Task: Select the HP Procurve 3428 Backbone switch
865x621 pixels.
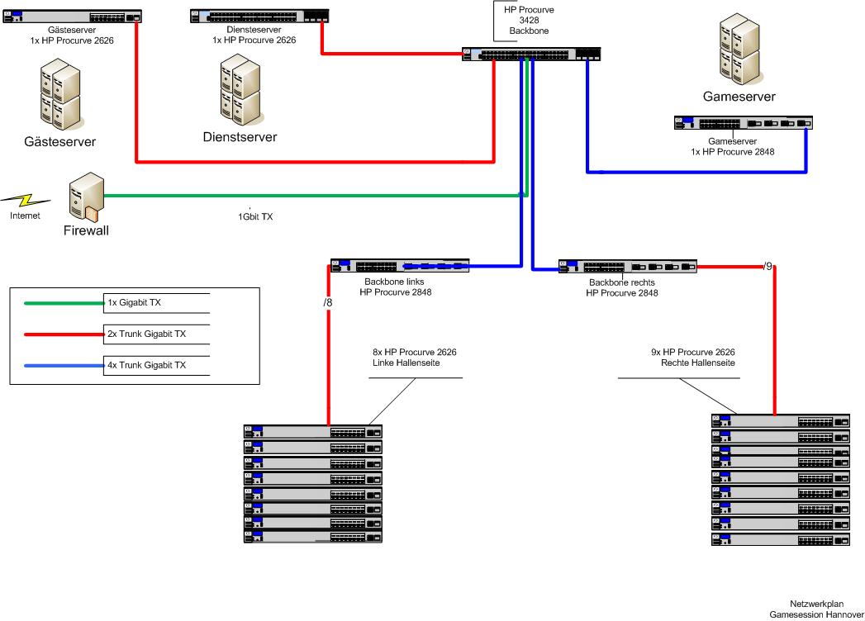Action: click(532, 54)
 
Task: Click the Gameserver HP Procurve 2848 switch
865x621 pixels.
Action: click(744, 123)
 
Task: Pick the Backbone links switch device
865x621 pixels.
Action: click(400, 266)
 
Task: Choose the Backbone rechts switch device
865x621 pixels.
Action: click(627, 267)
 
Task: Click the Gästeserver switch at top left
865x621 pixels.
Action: click(71, 17)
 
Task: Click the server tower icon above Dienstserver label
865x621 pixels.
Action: click(240, 89)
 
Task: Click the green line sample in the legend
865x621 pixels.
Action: click(64, 303)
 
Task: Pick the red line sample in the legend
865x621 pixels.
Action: click(64, 334)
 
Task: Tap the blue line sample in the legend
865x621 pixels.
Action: click(64, 365)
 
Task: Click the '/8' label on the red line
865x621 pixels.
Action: click(328, 303)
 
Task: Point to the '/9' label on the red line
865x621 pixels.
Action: click(768, 266)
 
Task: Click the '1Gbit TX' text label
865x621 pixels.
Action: click(255, 217)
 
